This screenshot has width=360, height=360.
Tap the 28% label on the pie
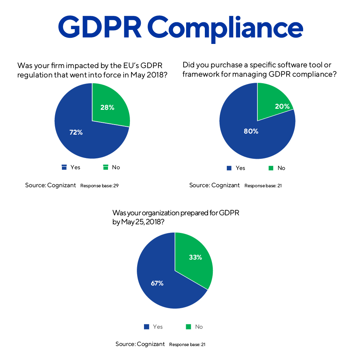(107, 107)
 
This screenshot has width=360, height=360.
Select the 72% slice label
(76, 132)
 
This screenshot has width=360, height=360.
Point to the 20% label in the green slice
(272, 106)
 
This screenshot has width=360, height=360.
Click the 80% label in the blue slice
(251, 131)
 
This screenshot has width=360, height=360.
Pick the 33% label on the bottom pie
(195, 257)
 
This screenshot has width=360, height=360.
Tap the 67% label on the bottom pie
(157, 283)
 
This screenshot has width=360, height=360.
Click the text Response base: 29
(99, 186)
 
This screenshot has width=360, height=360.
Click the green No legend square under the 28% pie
(106, 167)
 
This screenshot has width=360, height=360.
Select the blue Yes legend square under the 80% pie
(229, 168)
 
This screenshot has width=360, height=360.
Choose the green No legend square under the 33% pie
(188, 327)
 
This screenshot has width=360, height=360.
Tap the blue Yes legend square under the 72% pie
(64, 167)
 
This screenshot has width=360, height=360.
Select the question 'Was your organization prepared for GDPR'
(176, 217)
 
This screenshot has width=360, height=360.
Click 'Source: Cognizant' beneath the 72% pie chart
(50, 185)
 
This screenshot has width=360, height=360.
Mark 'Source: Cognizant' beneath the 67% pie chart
(140, 344)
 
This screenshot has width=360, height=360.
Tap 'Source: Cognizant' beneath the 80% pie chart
(215, 185)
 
